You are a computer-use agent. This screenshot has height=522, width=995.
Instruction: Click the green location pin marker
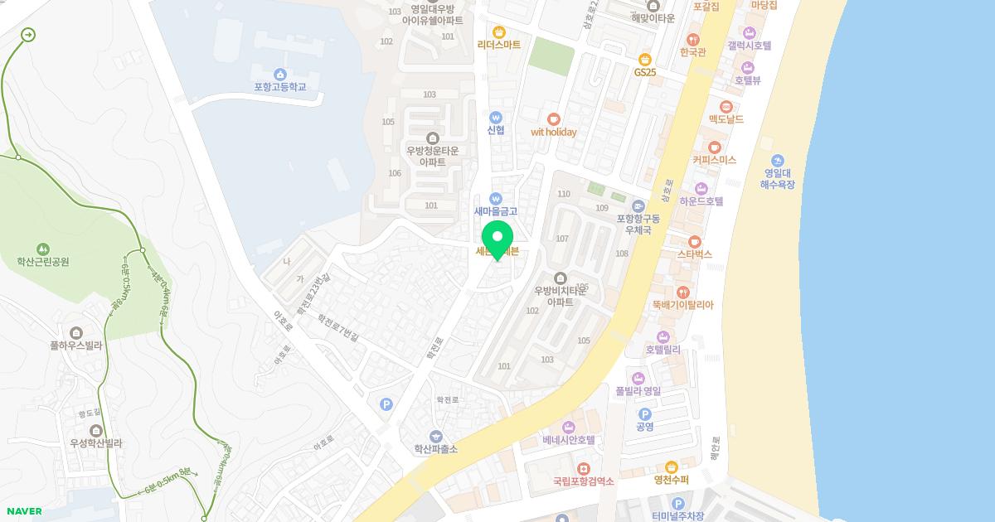498,239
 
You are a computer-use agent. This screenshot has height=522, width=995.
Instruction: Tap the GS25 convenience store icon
644,59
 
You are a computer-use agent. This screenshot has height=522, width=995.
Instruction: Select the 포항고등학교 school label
280,86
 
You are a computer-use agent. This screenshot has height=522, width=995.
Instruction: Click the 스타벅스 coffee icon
694,241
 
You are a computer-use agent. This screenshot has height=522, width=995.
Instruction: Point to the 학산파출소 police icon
435,436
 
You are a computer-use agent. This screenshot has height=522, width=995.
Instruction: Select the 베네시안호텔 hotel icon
569,427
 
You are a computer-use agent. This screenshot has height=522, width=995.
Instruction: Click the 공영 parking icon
644,414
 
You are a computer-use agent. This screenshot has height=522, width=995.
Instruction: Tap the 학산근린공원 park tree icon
42,249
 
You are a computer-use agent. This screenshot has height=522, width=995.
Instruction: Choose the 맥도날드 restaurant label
726,119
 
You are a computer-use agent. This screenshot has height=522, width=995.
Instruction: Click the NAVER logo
24,511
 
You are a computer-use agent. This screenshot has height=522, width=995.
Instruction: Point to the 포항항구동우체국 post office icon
638,205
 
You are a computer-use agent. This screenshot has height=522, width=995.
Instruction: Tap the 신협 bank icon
496,117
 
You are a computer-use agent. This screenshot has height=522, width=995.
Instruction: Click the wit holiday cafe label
553,132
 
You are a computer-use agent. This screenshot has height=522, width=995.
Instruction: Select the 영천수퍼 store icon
671,466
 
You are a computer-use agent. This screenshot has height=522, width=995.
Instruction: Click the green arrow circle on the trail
29,35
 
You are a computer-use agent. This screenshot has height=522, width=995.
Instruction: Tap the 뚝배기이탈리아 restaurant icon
682,292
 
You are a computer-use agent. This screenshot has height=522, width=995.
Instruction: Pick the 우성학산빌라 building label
96,443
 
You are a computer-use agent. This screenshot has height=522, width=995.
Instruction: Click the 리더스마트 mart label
499,45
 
